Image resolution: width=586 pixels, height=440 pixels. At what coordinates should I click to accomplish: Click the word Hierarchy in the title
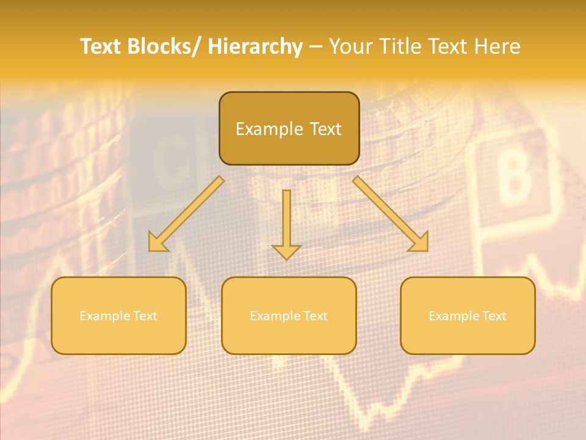coord(255,46)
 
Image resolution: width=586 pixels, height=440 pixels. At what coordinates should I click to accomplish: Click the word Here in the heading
coord(496,46)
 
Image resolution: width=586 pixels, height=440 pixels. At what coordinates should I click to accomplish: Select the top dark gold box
coord(289,128)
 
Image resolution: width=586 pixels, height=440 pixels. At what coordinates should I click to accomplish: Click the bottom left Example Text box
coord(118,315)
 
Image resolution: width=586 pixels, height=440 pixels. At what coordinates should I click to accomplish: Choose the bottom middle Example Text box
coord(289,315)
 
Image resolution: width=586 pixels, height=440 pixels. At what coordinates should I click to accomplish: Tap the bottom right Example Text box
coord(468,315)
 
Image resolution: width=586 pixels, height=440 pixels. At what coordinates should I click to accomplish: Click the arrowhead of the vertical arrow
coord(286,251)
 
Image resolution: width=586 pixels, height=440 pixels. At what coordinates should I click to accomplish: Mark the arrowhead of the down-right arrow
coord(419,243)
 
